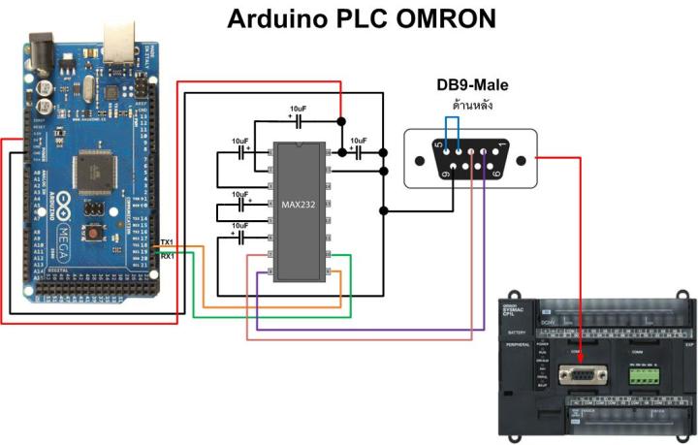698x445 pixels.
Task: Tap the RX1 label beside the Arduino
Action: (x=167, y=255)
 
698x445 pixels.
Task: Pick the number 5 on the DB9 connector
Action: (x=438, y=145)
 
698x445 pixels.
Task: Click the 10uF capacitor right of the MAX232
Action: (x=358, y=152)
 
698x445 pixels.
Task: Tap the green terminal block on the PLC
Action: (x=642, y=371)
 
